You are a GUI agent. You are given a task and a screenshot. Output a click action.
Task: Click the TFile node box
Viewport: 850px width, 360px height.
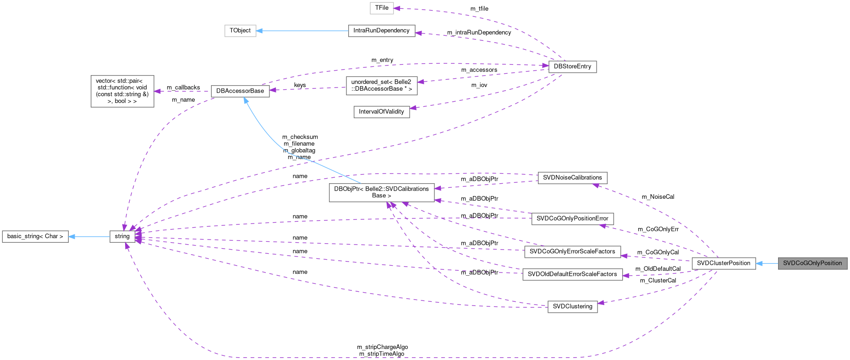(382, 8)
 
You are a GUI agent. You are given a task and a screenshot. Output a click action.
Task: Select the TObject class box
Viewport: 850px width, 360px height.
(240, 31)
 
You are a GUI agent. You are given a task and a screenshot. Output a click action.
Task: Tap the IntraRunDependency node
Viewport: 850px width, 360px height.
(381, 31)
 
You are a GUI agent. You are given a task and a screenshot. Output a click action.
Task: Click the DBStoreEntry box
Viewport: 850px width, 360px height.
(572, 66)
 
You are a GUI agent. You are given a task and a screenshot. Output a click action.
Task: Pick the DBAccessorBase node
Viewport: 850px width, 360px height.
(240, 91)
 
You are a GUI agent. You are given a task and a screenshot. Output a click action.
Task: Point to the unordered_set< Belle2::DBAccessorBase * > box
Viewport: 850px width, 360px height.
(381, 85)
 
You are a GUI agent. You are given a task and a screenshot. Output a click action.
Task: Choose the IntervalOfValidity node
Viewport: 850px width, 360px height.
(381, 112)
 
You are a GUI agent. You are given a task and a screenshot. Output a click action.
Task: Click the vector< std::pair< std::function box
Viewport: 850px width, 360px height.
(122, 91)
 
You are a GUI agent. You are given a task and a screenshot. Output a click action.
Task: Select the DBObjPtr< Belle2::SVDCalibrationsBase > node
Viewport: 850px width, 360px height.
(381, 192)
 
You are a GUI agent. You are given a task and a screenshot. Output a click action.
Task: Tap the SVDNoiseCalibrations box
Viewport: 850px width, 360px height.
(572, 178)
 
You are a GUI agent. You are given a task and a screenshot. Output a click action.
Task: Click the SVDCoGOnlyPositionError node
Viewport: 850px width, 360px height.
(572, 218)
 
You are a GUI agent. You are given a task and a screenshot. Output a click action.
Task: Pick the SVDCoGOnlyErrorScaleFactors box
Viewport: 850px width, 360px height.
(572, 251)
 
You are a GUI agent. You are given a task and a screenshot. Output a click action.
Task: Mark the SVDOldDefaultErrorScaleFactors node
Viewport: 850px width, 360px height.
(572, 274)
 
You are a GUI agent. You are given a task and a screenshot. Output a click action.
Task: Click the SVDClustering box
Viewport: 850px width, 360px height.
(572, 306)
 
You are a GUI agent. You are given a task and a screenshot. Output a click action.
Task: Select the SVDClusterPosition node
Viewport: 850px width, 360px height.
(724, 263)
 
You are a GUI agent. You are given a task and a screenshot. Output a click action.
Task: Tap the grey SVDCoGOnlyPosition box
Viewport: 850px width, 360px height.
(812, 263)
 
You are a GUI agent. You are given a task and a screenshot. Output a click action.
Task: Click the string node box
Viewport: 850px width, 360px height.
(122, 236)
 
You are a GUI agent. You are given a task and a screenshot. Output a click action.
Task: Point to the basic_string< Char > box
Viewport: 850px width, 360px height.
(35, 236)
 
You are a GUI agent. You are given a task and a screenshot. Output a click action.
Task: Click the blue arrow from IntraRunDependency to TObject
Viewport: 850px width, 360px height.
(302, 31)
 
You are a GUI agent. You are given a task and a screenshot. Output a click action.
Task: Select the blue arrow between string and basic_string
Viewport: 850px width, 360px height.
(89, 237)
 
